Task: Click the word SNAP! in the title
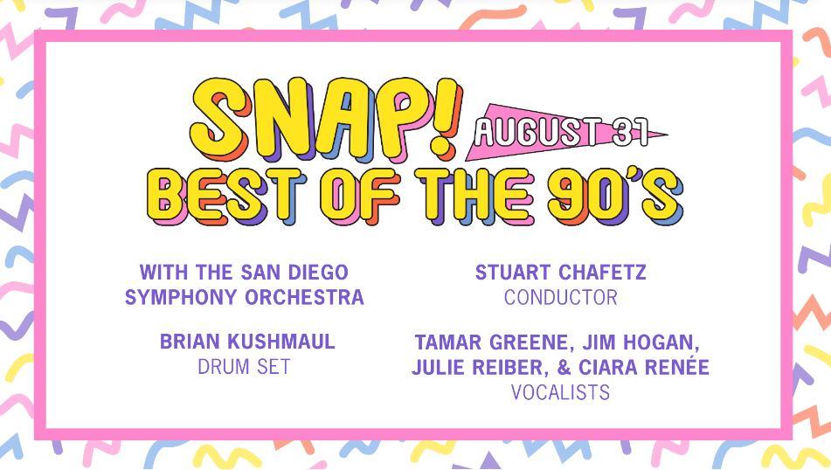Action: tap(326, 121)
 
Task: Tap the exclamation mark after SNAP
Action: tap(445, 118)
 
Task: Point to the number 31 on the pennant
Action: tap(630, 131)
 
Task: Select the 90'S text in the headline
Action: tap(616, 196)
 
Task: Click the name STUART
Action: tap(512, 273)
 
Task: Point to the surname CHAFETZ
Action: tap(603, 273)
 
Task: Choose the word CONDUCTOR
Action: tap(561, 297)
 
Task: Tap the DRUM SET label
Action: tap(244, 367)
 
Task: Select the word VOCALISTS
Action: tap(560, 392)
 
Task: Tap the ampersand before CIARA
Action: tap(563, 367)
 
